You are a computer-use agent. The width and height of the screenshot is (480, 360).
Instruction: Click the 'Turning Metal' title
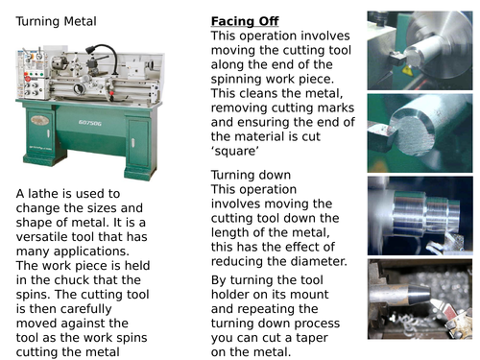tap(56, 21)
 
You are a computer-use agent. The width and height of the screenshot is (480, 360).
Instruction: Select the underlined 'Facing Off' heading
tap(245, 21)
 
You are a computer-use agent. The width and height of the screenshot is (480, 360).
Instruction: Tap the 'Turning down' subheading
tap(251, 175)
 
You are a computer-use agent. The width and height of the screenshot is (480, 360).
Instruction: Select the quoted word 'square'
tap(235, 151)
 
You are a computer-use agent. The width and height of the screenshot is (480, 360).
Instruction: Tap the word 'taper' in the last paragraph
tap(312, 338)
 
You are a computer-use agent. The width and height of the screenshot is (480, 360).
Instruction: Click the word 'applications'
tap(91, 252)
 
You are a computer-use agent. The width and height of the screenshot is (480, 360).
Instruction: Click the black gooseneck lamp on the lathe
tap(102, 55)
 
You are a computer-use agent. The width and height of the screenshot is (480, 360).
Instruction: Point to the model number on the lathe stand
tap(90, 123)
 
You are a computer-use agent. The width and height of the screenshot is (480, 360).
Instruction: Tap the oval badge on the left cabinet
tap(40, 120)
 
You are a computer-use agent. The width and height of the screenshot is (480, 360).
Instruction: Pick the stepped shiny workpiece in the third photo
tap(425, 213)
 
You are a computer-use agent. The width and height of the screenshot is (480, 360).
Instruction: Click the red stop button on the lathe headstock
tap(28, 79)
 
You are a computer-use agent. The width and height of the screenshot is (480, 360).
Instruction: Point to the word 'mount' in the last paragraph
tap(311, 295)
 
